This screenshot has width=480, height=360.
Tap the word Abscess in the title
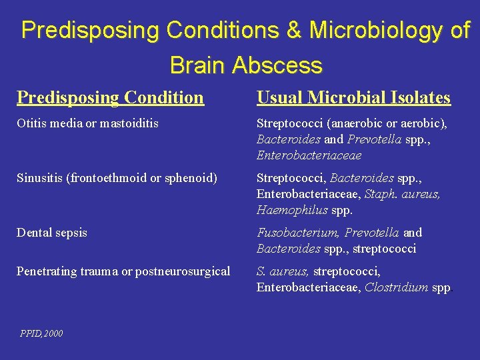(x=277, y=65)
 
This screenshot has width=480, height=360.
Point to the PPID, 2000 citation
(x=41, y=333)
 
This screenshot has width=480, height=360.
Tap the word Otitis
(x=30, y=123)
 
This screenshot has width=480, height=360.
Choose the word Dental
(x=34, y=233)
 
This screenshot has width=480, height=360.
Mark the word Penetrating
(x=45, y=271)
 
